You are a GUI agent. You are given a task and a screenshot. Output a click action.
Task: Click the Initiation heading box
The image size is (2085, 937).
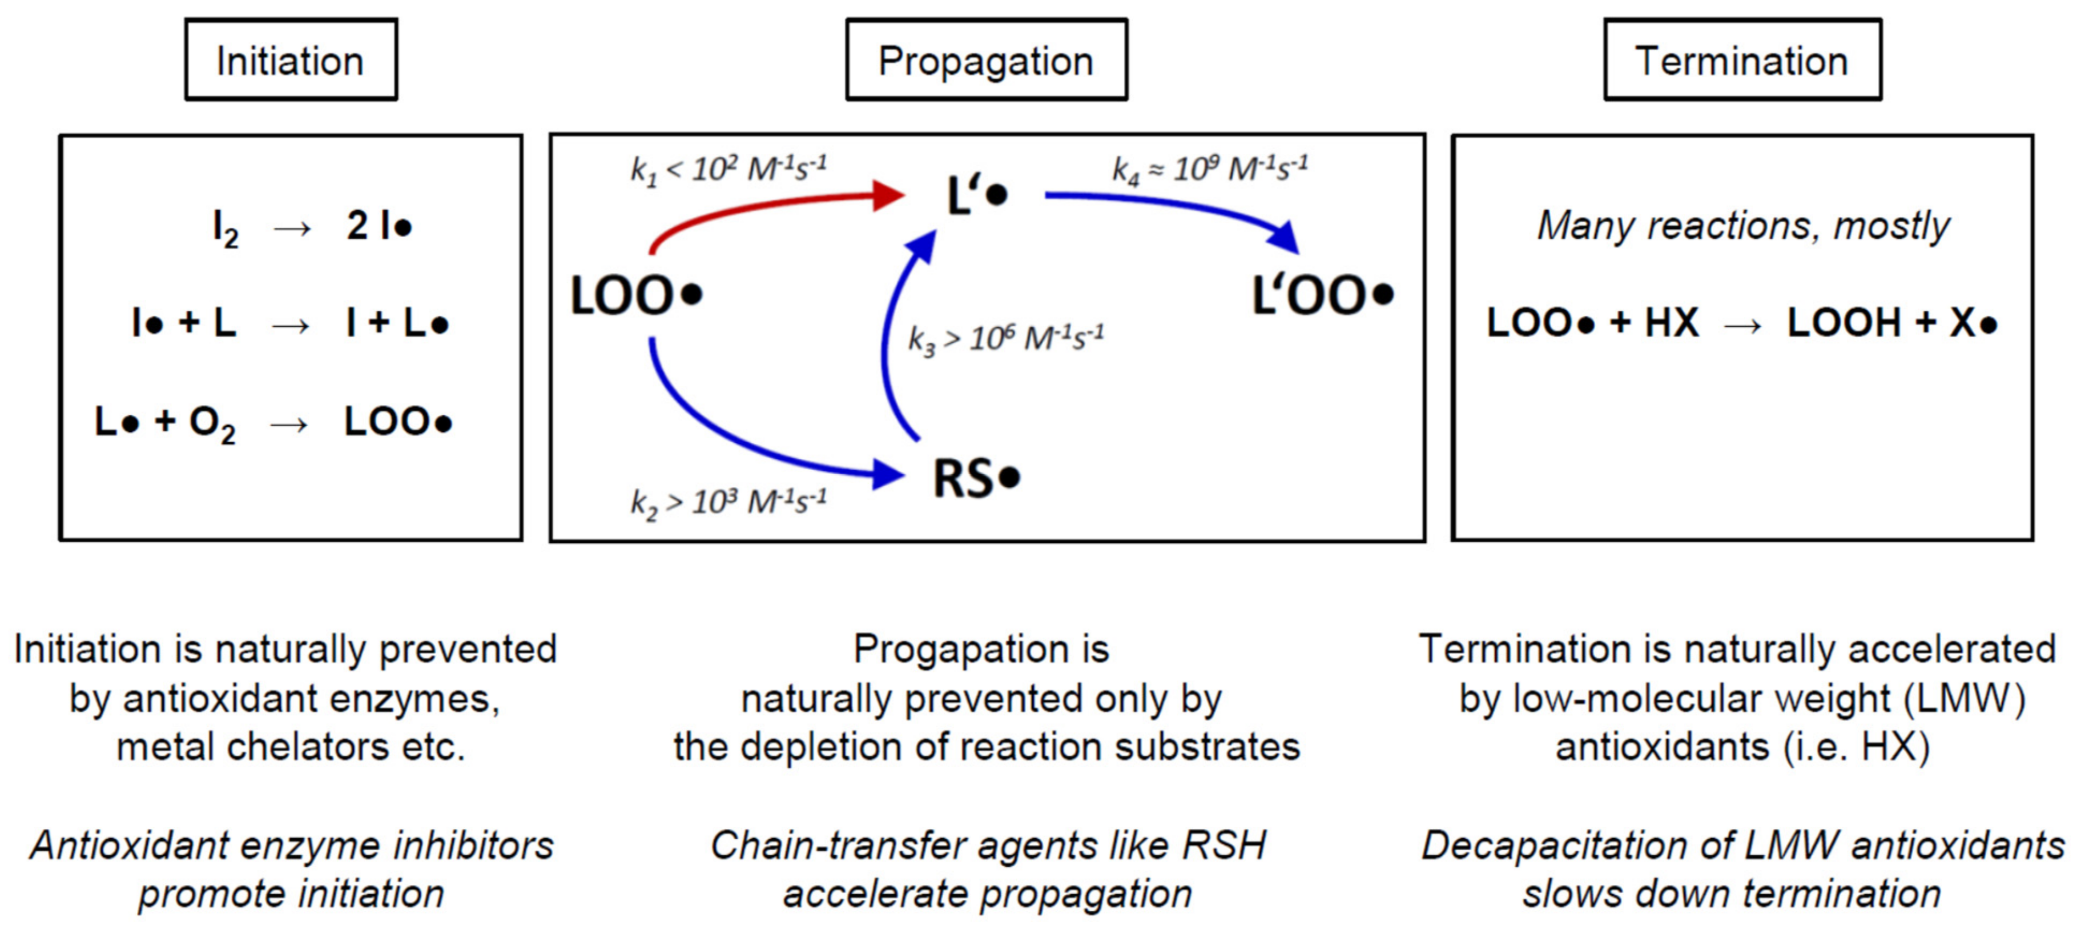(x=291, y=61)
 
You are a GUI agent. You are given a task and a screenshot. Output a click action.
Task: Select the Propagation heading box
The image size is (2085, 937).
(x=986, y=61)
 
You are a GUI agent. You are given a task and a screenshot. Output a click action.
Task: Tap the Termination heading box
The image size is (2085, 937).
(x=1742, y=61)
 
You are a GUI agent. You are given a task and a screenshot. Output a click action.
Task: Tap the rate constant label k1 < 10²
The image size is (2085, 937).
(x=728, y=169)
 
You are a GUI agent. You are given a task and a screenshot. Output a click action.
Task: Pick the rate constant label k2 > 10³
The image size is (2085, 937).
(x=728, y=502)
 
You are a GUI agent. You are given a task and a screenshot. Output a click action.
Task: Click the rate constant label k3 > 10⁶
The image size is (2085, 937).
(x=1005, y=338)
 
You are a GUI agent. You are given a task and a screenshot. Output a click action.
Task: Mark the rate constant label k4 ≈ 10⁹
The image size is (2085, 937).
(x=1209, y=169)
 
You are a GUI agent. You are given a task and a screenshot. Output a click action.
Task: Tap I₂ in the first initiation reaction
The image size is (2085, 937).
(x=225, y=227)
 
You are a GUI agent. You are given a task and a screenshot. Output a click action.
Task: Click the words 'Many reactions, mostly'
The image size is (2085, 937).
(x=1742, y=226)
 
